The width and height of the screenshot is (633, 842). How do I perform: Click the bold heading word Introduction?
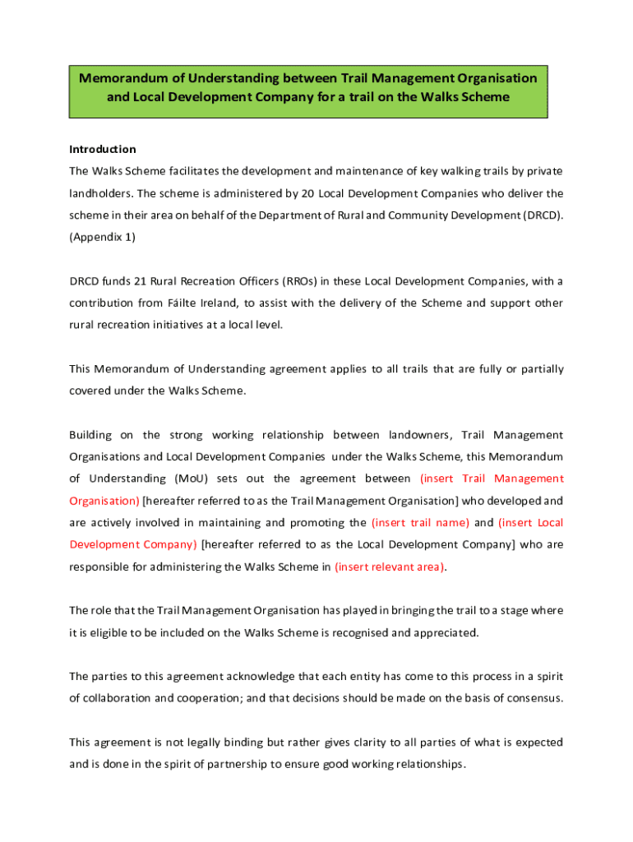pyautogui.click(x=103, y=150)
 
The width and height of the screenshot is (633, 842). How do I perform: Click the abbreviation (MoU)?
pyautogui.click(x=192, y=479)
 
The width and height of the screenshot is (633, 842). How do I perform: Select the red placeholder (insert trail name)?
pyautogui.click(x=421, y=522)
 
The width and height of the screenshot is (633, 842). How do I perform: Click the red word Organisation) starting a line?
pyautogui.click(x=104, y=500)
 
